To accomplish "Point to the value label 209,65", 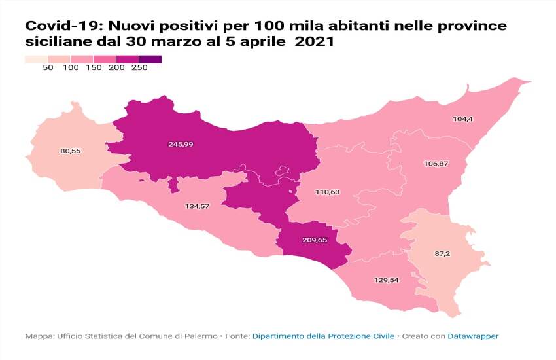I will [x=314, y=240].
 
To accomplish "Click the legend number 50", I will [x=48, y=68].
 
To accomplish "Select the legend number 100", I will [x=71, y=68].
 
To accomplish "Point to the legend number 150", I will [x=94, y=68].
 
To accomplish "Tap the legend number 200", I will [x=116, y=68].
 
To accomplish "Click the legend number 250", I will [x=139, y=68].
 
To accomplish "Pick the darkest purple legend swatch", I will [x=150, y=60].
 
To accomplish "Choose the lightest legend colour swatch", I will [x=36, y=60].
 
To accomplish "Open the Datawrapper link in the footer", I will [x=472, y=336].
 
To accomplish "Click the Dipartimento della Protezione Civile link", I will [x=323, y=336].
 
